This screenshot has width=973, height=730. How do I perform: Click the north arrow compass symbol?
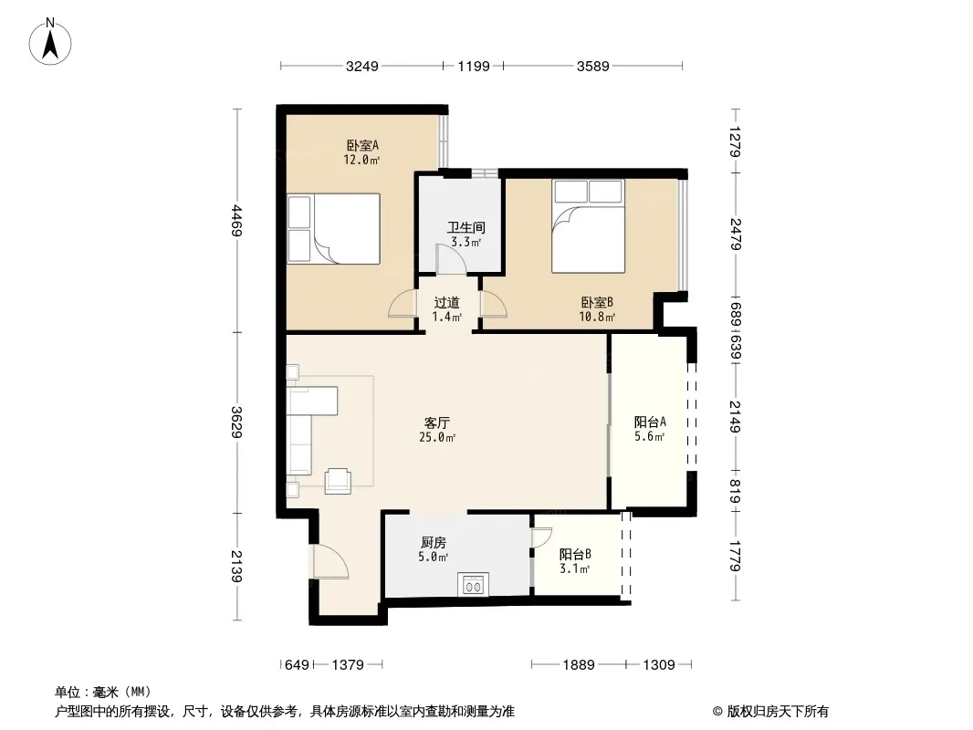(50, 42)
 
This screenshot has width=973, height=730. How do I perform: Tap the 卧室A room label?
(362, 146)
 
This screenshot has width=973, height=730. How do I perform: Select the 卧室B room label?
(597, 303)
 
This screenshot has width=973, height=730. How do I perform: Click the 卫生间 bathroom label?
(466, 227)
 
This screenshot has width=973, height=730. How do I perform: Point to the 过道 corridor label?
(446, 303)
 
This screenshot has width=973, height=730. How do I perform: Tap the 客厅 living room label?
(437, 423)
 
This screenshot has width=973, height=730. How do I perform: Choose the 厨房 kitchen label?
(434, 543)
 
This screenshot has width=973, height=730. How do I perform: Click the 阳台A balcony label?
(650, 422)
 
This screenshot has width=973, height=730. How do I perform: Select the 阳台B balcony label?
(575, 555)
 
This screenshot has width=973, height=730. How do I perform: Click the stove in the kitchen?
(473, 584)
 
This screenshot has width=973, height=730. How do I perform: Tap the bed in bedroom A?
(334, 229)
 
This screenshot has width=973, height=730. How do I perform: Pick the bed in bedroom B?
(588, 226)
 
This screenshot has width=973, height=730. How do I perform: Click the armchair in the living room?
(338, 481)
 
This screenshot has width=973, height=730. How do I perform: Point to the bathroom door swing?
(451, 258)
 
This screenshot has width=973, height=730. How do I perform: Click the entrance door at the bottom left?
(330, 561)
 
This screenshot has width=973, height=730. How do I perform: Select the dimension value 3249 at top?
(361, 66)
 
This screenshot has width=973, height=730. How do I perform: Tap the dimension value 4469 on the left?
(236, 221)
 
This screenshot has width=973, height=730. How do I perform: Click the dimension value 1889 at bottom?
(579, 665)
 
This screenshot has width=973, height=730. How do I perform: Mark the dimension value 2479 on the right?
(736, 234)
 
